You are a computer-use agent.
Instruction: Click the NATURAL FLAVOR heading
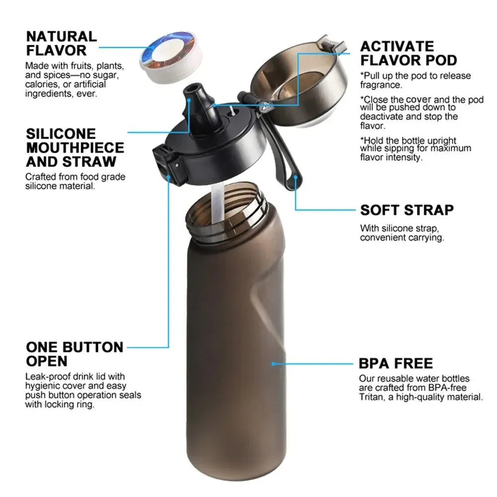pyautogui.click(x=61, y=43)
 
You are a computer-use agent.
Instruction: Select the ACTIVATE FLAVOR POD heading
pyautogui.click(x=408, y=53)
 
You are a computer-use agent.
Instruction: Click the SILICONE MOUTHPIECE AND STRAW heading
pyautogui.click(x=75, y=148)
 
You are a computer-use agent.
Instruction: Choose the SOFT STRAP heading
pyautogui.click(x=407, y=210)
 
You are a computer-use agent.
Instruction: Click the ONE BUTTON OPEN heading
pyautogui.click(x=75, y=353)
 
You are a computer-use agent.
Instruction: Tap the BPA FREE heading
pyautogui.click(x=396, y=363)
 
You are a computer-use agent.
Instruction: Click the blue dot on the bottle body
pyautogui.click(x=273, y=364)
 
